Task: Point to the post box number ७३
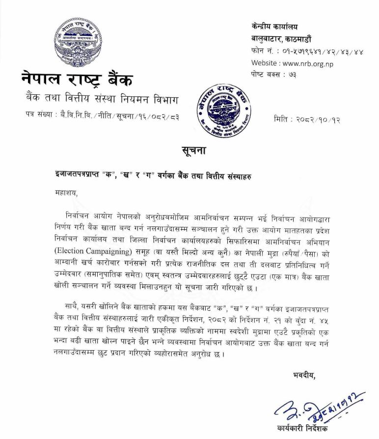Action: click(297, 75)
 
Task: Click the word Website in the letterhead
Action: click(265, 63)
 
